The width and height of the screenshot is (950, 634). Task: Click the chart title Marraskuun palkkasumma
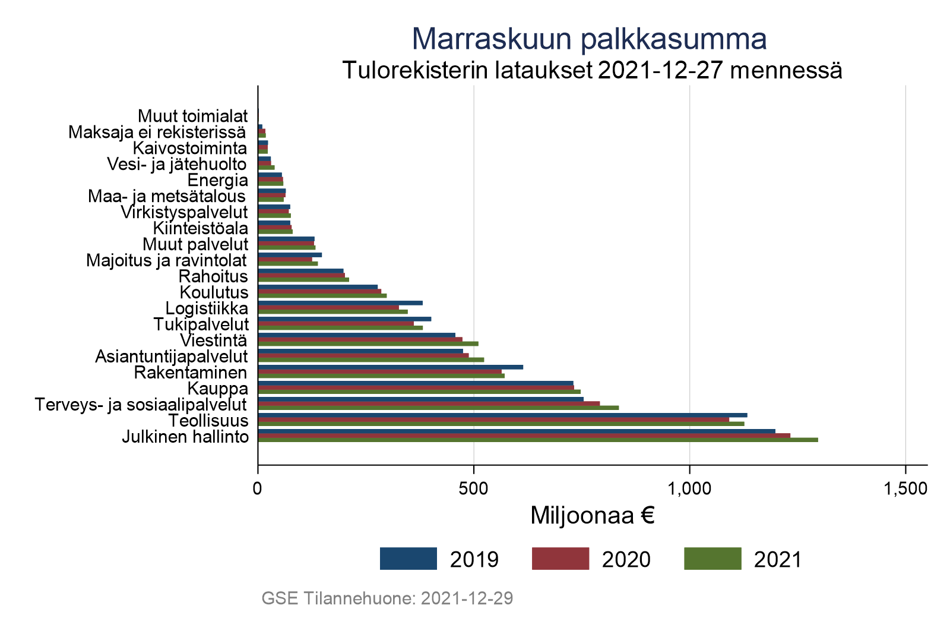589,39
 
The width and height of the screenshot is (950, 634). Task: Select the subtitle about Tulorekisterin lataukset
592,71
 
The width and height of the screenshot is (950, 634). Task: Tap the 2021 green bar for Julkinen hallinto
537,440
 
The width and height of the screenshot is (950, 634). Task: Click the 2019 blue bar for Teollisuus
502,415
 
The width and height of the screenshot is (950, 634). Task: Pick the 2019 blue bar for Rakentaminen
390,367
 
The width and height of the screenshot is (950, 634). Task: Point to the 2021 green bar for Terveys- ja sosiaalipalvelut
438,408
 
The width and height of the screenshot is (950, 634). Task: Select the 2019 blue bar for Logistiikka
340,303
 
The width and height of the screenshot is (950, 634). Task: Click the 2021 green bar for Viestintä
368,343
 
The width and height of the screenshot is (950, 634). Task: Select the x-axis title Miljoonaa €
592,516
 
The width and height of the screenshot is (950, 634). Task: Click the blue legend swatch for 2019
408,559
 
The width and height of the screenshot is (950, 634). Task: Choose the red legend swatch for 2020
560,559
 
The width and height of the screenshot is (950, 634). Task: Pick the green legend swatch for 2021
712,559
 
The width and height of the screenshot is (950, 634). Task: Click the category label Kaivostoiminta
190,147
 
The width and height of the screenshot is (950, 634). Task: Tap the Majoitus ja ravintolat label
167,260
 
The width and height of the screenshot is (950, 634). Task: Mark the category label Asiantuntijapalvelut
172,357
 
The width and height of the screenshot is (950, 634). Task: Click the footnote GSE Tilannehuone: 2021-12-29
387,598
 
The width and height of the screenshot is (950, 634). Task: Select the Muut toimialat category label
192,115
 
